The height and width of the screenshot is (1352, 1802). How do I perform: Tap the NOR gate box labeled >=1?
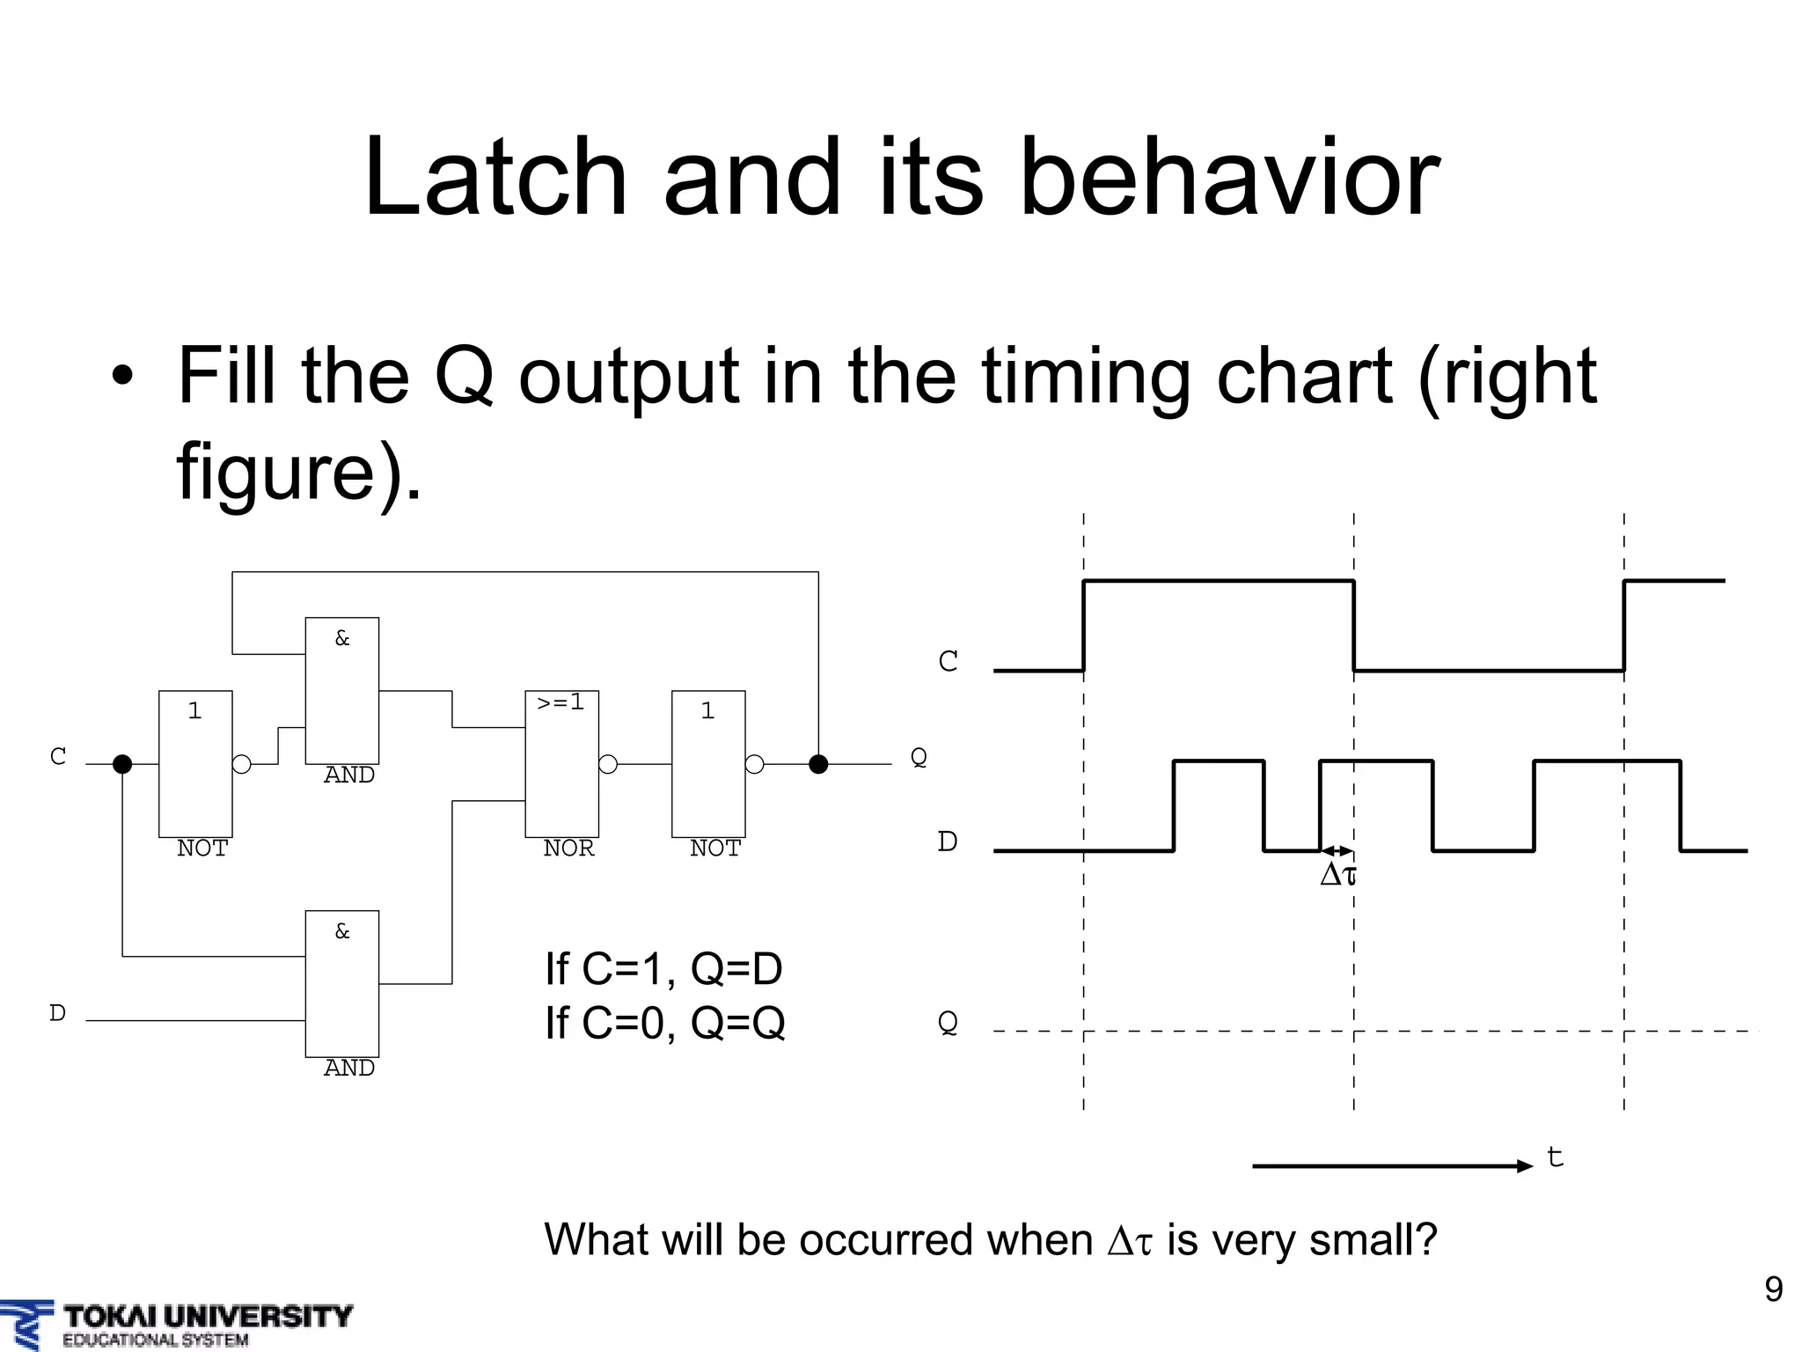tap(561, 763)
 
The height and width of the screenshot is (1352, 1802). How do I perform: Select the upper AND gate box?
tap(341, 690)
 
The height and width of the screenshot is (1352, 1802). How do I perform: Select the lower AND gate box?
tap(341, 983)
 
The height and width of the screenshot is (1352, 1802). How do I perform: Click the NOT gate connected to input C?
tap(195, 763)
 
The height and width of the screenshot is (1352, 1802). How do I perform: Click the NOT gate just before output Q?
tap(708, 763)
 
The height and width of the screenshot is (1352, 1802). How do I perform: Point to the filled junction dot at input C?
tap(122, 764)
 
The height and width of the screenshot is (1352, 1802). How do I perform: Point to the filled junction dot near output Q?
tap(818, 764)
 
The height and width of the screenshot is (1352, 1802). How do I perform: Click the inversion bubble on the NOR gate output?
tap(608, 764)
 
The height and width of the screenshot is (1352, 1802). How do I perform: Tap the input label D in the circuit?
tap(57, 1013)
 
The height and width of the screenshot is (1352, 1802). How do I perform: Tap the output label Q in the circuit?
tap(918, 757)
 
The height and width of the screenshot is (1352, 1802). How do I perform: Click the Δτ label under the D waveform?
tap(1338, 875)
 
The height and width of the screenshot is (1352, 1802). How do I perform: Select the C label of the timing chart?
tap(948, 661)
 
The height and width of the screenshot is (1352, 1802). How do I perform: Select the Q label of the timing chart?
tap(948, 1023)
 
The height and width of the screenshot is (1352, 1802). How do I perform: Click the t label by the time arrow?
tap(1555, 1157)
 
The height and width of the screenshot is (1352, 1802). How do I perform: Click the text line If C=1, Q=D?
tap(663, 969)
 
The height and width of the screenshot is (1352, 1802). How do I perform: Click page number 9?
tap(1773, 1290)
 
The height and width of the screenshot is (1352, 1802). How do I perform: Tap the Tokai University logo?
tap(176, 1324)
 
